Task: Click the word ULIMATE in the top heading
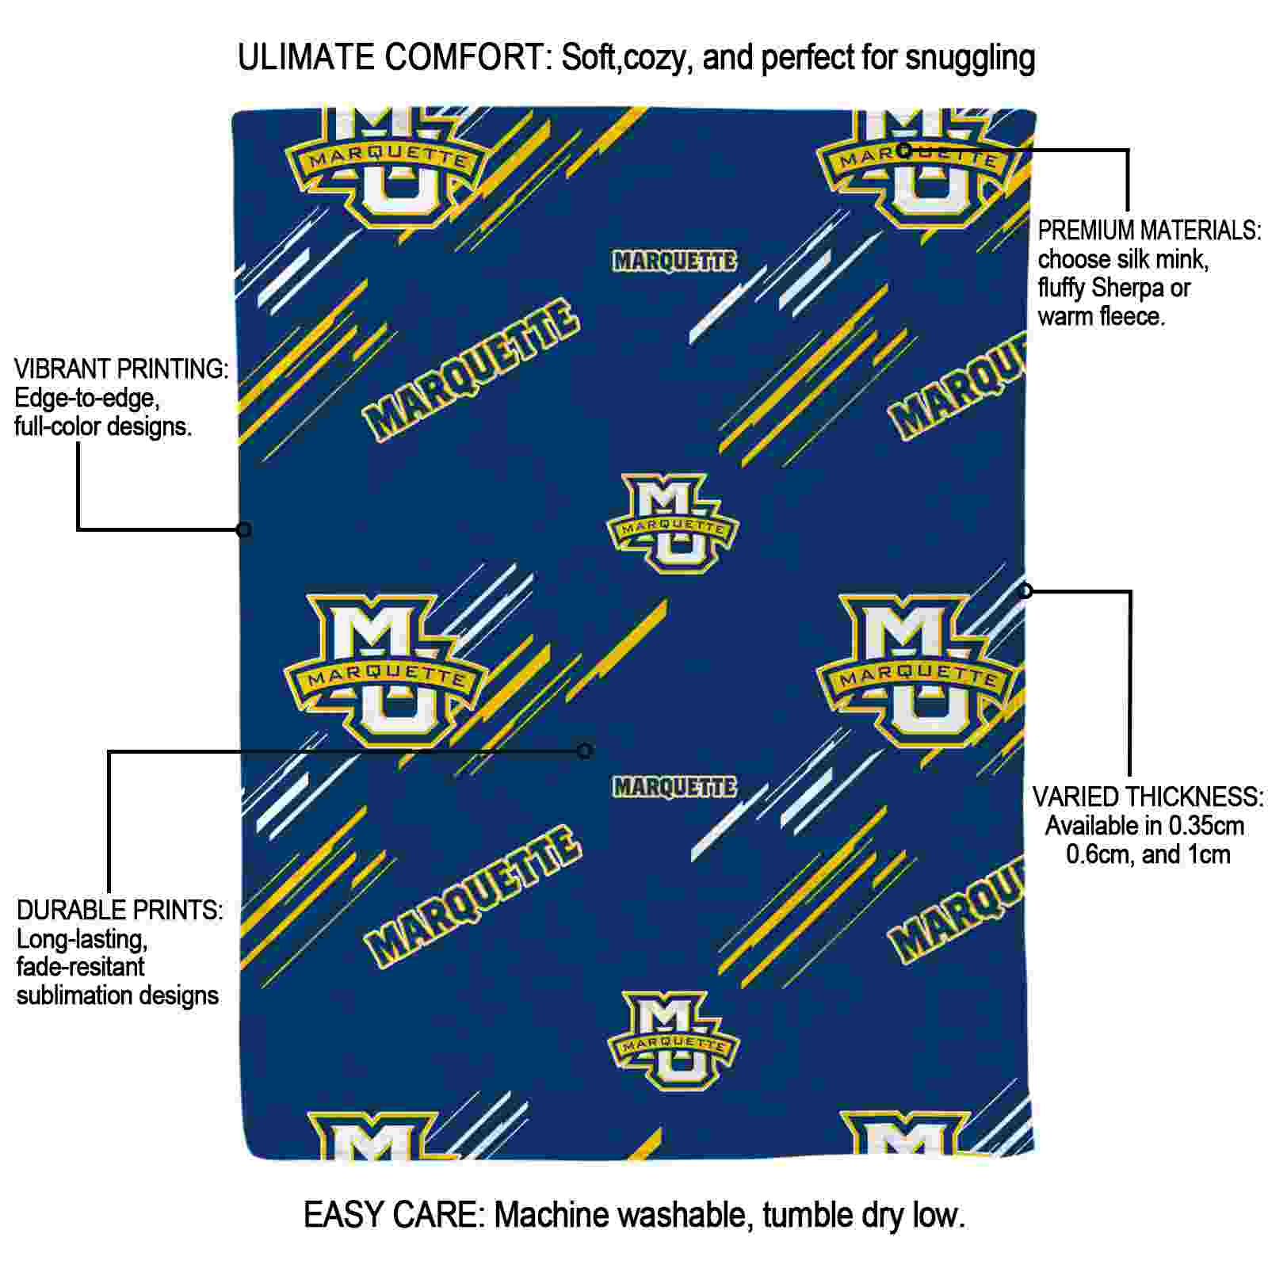pyautogui.click(x=306, y=57)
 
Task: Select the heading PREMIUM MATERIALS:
pyautogui.click(x=1149, y=231)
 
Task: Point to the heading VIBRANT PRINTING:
pyautogui.click(x=121, y=369)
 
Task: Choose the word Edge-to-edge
pyautogui.click(x=87, y=399)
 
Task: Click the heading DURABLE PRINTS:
pyautogui.click(x=120, y=910)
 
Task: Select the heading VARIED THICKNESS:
pyautogui.click(x=1148, y=796)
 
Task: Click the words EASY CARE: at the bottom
pyautogui.click(x=394, y=1214)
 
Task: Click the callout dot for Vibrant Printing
pyautogui.click(x=244, y=529)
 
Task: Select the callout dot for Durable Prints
pyautogui.click(x=585, y=750)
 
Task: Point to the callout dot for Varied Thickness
pyautogui.click(x=1025, y=590)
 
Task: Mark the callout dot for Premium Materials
pyautogui.click(x=905, y=150)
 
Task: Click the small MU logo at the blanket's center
pyautogui.click(x=673, y=523)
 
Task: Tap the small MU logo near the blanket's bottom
pyautogui.click(x=673, y=1041)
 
